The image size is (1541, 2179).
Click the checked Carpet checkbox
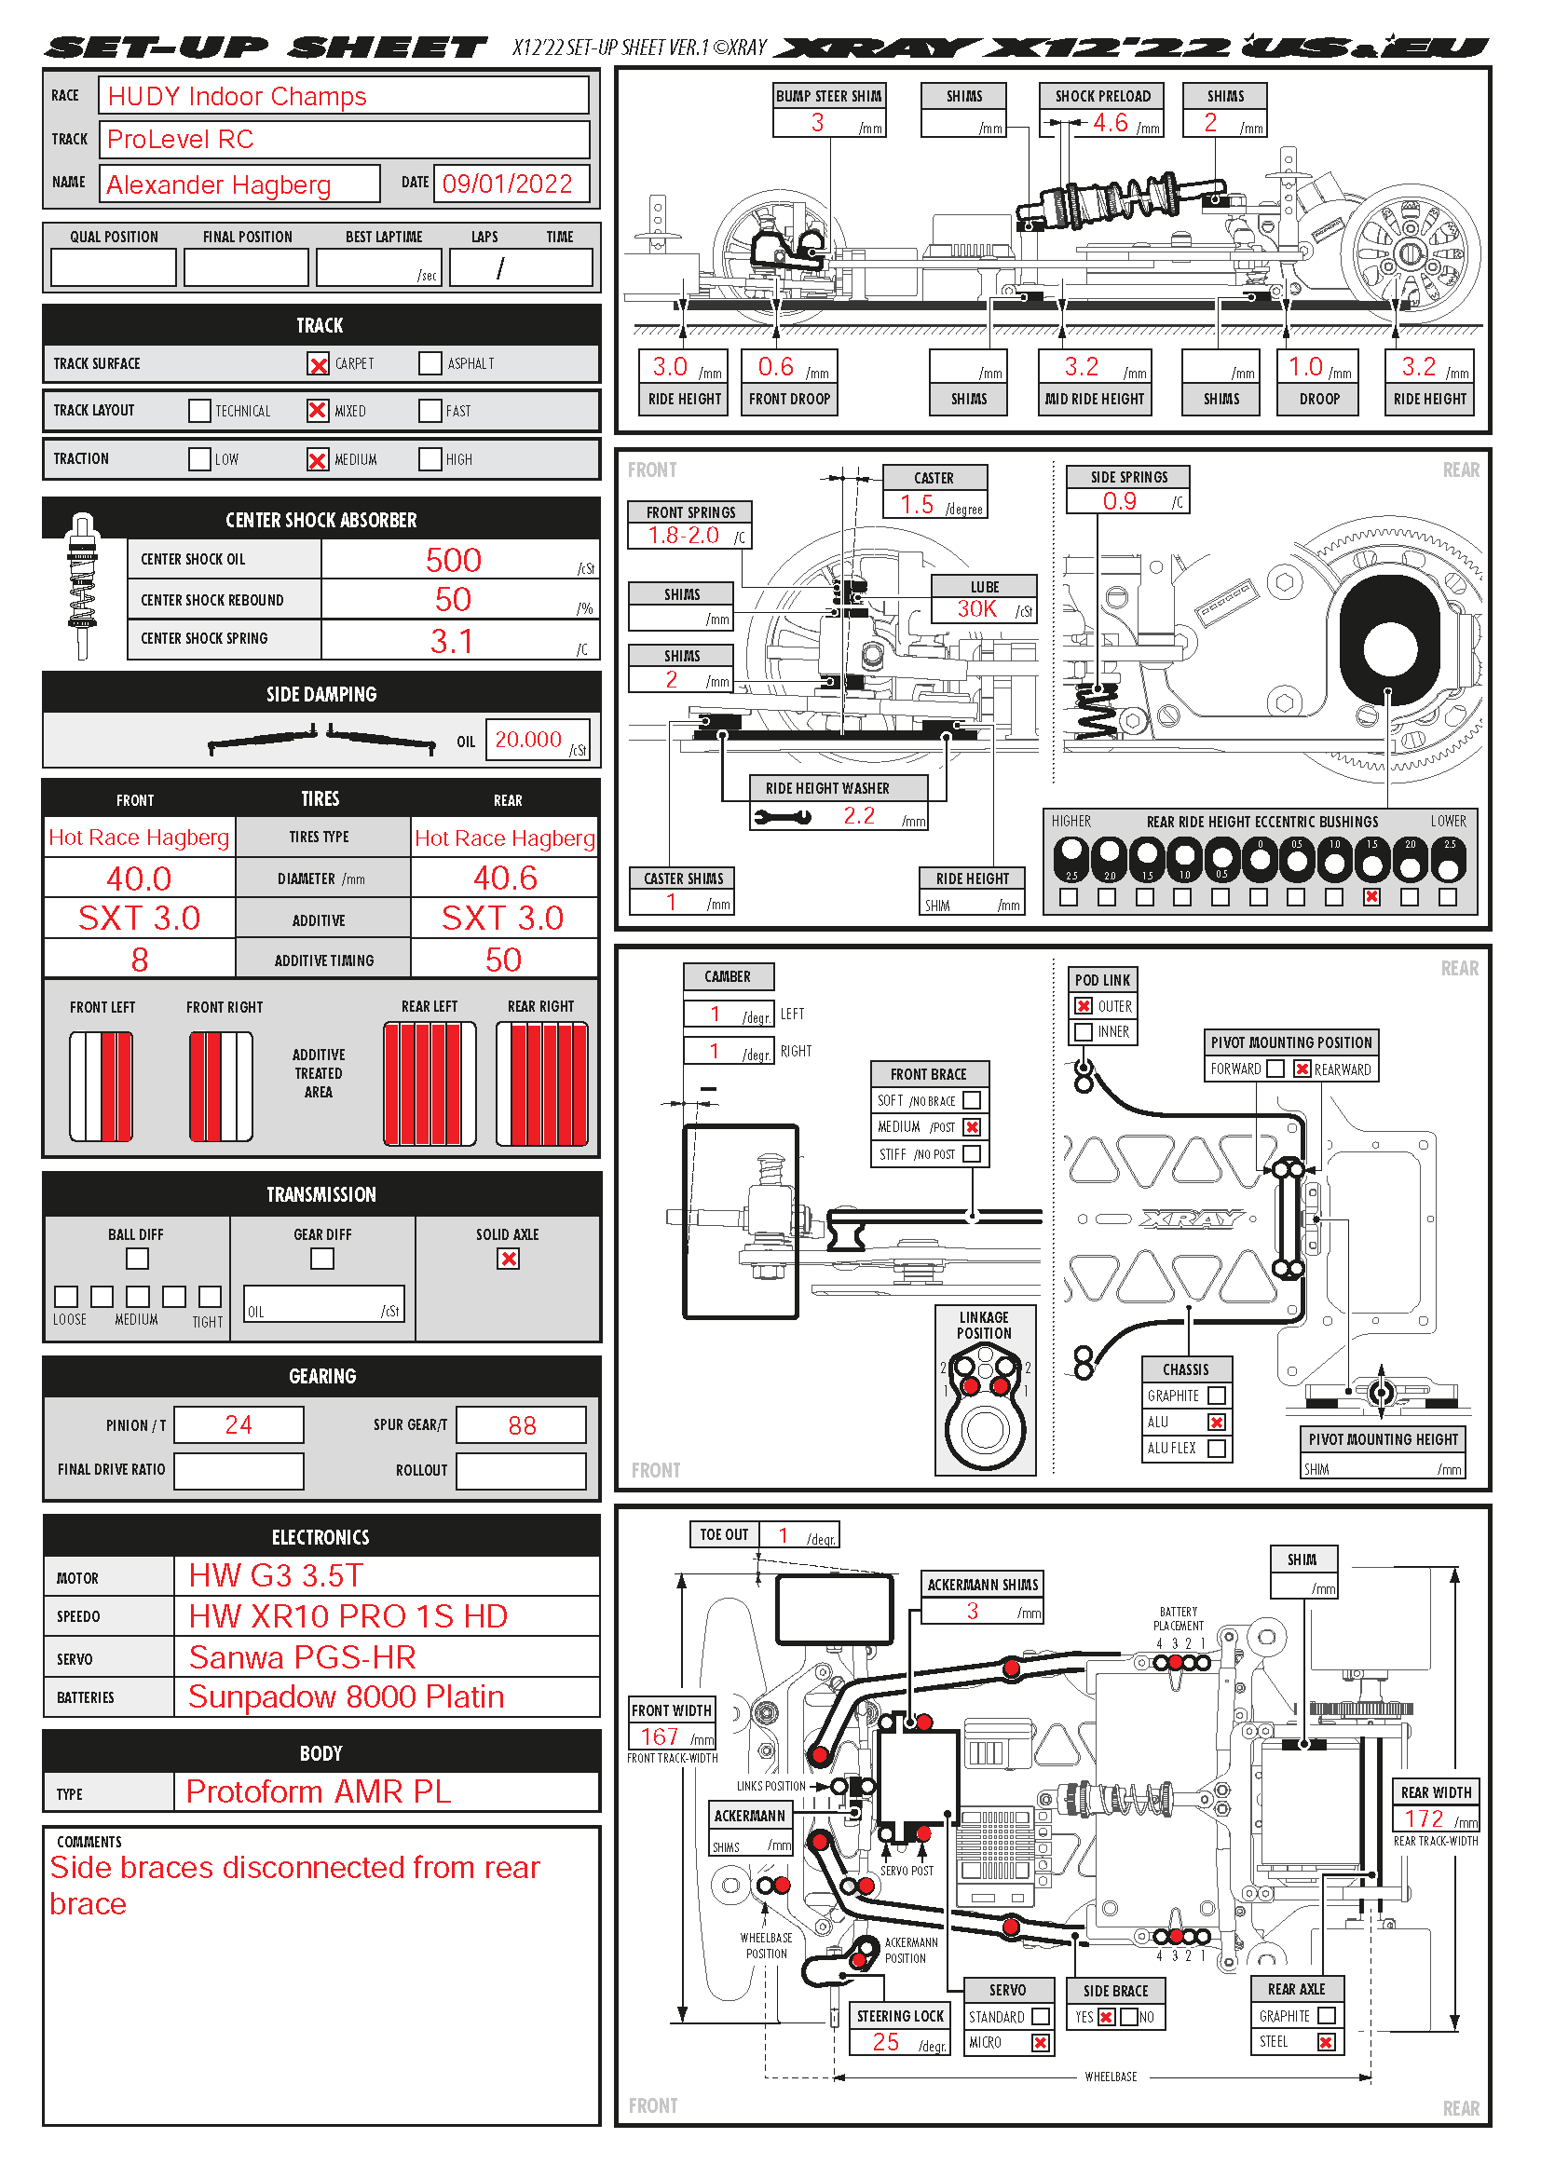(318, 363)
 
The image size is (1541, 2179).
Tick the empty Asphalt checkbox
(430, 363)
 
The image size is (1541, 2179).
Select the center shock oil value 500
(453, 560)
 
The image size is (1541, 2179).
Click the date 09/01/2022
(507, 184)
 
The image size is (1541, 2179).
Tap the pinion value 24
(239, 1424)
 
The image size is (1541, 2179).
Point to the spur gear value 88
(521, 1425)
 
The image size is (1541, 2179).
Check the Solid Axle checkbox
(509, 1259)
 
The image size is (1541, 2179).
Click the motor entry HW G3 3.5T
(275, 1575)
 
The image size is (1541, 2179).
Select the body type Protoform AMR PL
(318, 1791)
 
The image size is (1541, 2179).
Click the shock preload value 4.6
(1110, 122)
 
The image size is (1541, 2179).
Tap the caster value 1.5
(917, 504)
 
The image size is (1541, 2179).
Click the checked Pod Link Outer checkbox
(1084, 1006)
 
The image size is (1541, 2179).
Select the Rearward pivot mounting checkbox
(1302, 1069)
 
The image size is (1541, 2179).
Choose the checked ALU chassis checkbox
(1217, 1422)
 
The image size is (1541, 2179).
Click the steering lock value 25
(885, 2041)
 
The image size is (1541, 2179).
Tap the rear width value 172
(1424, 1818)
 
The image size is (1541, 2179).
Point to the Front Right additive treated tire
(220, 1085)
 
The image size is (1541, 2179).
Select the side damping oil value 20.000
(527, 740)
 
